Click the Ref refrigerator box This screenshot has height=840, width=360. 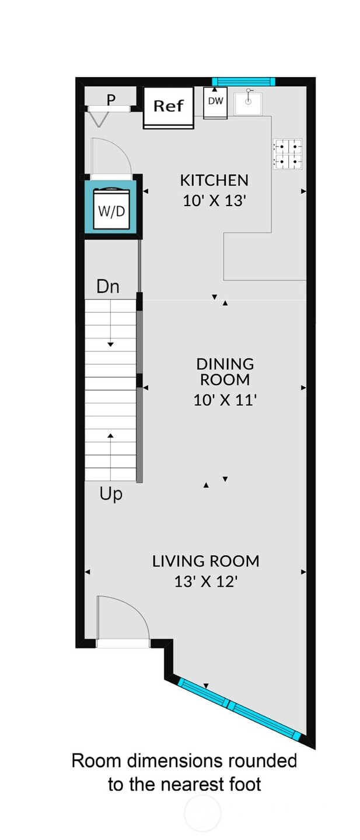click(169, 108)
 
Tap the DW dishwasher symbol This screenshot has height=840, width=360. click(215, 102)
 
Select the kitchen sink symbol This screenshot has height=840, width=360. click(248, 103)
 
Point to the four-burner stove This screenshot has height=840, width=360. click(288, 154)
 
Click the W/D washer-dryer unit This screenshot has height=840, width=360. click(112, 210)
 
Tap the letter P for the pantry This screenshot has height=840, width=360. click(111, 100)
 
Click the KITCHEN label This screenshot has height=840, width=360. click(214, 180)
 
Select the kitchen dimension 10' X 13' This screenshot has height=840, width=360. click(214, 201)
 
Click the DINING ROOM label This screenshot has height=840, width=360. click(225, 372)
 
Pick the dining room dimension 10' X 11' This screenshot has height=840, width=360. click(225, 400)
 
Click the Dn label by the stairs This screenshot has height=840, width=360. click(108, 287)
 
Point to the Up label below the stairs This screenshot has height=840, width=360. click(111, 494)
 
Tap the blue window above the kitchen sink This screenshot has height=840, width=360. click(243, 81)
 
